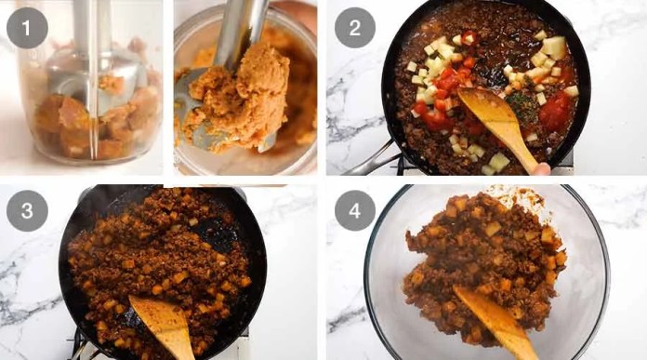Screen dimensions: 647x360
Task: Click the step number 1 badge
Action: pos(27,28)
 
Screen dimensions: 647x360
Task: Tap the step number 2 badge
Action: pos(355,28)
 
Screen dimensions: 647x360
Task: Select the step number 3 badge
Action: pos(27,210)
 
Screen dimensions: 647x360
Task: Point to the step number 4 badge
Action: pos(355,210)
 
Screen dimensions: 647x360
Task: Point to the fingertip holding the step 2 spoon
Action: pos(542,169)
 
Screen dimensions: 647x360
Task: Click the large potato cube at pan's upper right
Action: pos(554,46)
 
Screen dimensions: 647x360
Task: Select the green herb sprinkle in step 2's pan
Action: pos(521,104)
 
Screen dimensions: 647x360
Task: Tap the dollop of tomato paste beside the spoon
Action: pos(555,111)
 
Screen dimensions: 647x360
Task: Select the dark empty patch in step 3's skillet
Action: pos(217,232)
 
